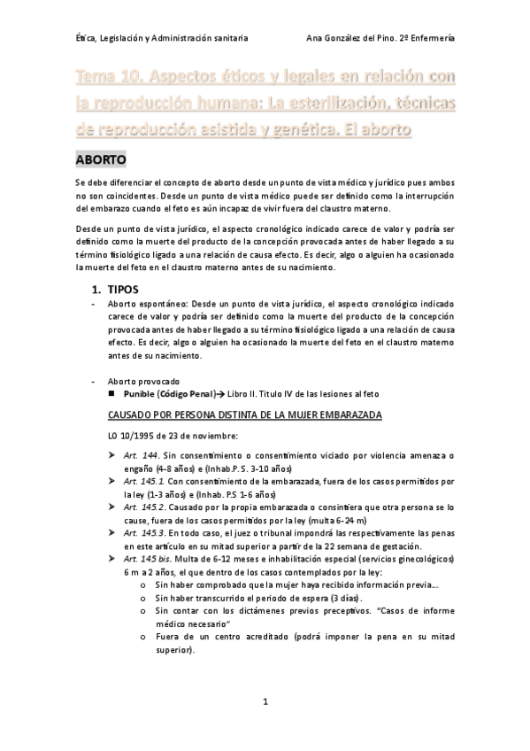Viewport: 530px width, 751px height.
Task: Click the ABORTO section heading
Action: point(102,160)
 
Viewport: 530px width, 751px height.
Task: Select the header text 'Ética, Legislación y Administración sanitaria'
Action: point(162,38)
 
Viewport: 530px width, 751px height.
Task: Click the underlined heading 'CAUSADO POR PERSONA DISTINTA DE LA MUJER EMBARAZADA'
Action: point(244,414)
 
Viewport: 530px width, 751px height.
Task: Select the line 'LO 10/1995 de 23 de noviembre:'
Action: point(171,435)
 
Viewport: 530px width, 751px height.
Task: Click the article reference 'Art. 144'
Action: point(140,455)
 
